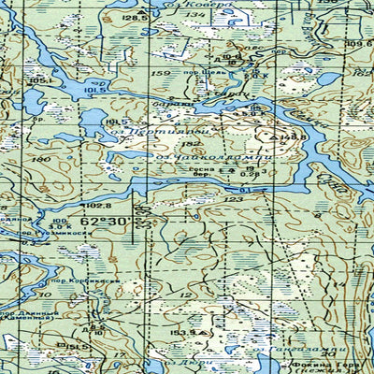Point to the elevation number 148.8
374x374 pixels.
coord(268,138)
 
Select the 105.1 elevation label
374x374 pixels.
coord(38,80)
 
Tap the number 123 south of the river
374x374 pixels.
coord(233,199)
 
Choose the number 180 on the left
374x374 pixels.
coord(40,159)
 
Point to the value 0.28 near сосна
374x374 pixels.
coord(250,173)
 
